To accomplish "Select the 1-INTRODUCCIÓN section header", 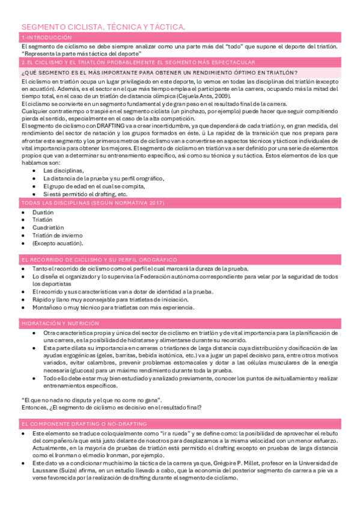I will click(x=46, y=38).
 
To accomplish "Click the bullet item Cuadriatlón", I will click(x=48, y=228).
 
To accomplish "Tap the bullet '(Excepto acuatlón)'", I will click(x=56, y=244).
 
